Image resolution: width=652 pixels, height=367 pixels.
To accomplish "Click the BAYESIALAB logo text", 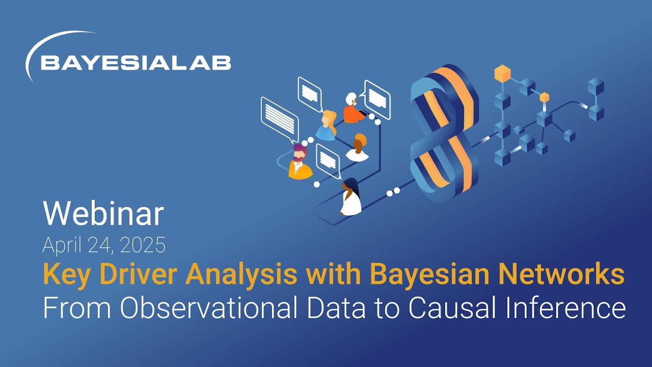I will (135, 63).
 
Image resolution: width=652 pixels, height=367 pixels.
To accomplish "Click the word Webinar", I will (103, 214).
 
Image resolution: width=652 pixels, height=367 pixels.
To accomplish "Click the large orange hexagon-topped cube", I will (502, 74).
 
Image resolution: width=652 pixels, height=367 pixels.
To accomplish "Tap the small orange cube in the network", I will (545, 97).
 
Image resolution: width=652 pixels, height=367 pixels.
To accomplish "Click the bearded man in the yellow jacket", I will (300, 162).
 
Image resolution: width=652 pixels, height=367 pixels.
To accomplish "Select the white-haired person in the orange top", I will (352, 108).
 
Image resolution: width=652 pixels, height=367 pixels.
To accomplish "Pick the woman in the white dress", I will (350, 198).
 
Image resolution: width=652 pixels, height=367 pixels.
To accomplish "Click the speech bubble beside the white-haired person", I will (377, 98).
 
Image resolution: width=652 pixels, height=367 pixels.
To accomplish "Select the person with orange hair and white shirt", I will (358, 148).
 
